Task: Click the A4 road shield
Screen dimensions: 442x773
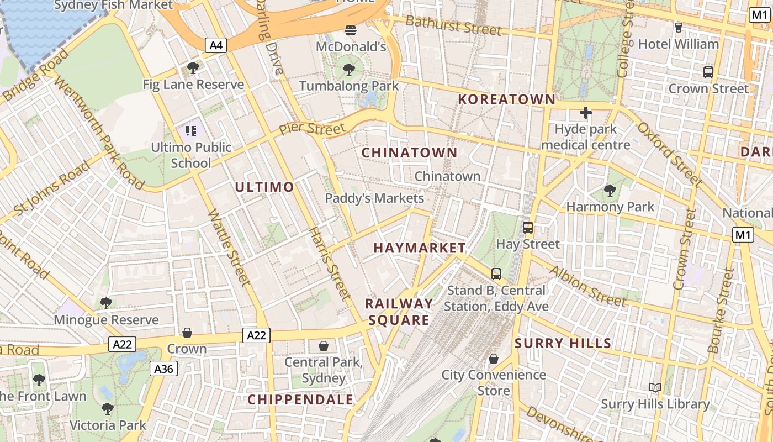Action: [x=216, y=45]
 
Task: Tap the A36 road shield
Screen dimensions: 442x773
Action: [x=163, y=369]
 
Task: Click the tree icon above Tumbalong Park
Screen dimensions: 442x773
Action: [x=348, y=69]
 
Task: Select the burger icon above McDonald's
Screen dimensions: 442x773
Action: [x=351, y=30]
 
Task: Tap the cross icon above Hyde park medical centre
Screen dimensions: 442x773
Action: [x=585, y=113]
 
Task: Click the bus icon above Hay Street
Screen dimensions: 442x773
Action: [x=528, y=227]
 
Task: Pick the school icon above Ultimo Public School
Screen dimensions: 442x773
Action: [x=191, y=131]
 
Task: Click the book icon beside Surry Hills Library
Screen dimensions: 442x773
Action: [x=655, y=388]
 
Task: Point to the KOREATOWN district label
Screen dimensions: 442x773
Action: [x=507, y=99]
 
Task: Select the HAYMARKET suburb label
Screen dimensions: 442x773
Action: [x=420, y=248]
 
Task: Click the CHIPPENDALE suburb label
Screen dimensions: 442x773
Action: [x=300, y=399]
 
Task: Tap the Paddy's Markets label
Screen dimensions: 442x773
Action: [x=374, y=198]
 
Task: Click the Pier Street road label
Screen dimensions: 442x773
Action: [x=312, y=129]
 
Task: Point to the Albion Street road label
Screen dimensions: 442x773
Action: [x=587, y=286]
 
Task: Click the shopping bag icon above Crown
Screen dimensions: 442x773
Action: [x=187, y=333]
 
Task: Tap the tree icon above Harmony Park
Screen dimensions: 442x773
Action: [x=610, y=191]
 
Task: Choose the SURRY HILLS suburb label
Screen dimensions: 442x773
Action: [x=563, y=343]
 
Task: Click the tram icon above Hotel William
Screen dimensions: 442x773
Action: [x=679, y=27]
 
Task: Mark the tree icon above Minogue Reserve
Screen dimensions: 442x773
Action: [x=105, y=303]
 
